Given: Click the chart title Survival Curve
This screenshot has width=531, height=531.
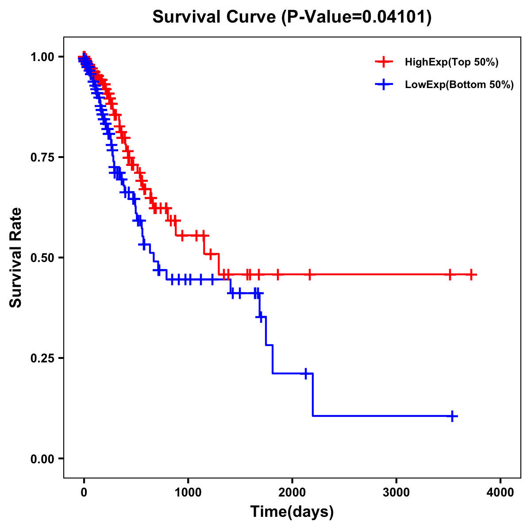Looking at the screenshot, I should point(215,17).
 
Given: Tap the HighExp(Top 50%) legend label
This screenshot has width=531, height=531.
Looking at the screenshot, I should point(451,62).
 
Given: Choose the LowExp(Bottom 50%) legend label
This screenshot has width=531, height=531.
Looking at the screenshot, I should point(459,85).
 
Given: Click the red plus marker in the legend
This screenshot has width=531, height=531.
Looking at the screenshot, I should point(384,62).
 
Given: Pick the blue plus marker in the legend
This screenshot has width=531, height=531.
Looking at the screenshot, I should point(384,85).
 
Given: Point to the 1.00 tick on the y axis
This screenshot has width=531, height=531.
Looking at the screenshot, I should point(42,57).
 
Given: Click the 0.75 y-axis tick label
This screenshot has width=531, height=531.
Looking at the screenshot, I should point(42,158).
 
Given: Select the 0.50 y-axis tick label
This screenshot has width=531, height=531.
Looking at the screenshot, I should point(42,258).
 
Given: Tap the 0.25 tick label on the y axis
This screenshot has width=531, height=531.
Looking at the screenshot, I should point(42,358).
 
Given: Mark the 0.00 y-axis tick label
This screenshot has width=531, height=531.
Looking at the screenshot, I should point(42,459).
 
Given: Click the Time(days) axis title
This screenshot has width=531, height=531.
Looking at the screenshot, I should point(292,512).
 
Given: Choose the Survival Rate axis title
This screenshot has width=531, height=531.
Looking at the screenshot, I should point(16,257).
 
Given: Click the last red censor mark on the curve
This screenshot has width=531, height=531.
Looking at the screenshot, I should point(471,275).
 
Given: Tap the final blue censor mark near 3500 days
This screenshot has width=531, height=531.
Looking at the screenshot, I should point(452,416).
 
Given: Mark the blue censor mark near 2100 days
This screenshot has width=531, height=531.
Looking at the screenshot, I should point(305,373).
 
